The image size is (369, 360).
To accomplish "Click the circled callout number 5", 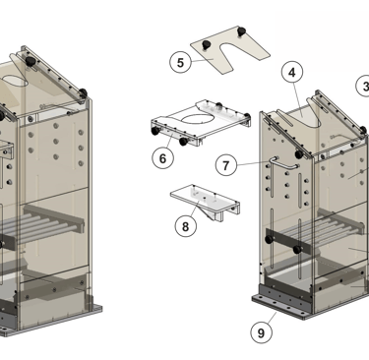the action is click(180, 62).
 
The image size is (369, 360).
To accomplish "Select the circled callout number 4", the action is click(292, 72).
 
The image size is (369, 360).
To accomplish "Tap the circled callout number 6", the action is click(162, 158).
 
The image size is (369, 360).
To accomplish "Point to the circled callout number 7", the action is click(226, 165).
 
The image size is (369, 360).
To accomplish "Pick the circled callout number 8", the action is click(186, 226).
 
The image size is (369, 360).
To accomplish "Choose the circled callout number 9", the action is click(261, 332).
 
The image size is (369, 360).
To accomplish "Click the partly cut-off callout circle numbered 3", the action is click(363, 86).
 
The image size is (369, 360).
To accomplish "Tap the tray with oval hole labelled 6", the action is click(201, 123).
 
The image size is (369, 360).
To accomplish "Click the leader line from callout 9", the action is click(272, 318).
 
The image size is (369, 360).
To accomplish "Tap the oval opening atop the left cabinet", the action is click(15, 81).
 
